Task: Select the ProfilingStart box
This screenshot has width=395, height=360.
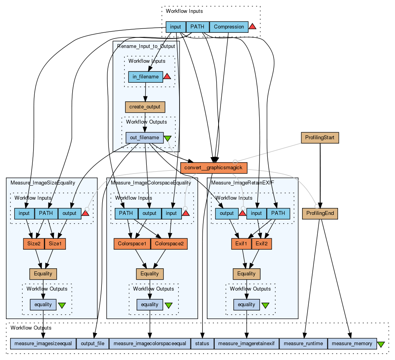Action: pos(320,138)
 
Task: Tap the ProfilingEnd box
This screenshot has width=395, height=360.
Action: pos(320,213)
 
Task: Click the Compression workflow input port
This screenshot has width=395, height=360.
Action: pos(229,27)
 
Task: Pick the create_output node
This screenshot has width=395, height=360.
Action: pos(145,106)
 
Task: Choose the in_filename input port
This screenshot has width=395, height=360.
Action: pos(145,77)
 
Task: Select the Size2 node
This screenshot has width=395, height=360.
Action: pos(34,244)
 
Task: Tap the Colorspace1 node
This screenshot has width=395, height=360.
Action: pos(132,244)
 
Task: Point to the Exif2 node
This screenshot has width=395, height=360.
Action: pos(262,244)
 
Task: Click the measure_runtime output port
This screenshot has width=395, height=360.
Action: pos(303,344)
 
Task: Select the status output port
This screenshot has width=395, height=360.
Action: pos(202,344)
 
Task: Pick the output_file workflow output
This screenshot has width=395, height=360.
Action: pos(93,344)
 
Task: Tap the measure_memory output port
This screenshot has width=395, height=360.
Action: pos(352,344)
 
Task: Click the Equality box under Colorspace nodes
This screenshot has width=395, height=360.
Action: pos(150,274)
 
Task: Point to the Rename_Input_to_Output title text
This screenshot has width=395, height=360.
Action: pos(146,46)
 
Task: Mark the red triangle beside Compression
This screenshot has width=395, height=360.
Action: pos(253,27)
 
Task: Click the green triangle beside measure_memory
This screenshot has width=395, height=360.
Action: pos(381,344)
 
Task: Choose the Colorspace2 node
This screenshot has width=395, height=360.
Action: pos(169,244)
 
